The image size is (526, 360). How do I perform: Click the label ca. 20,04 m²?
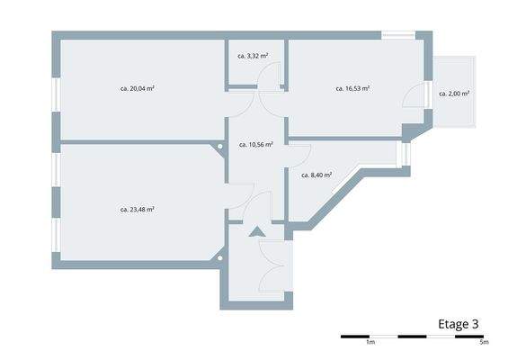coord(138,89)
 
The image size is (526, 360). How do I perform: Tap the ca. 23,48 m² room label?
coord(138,209)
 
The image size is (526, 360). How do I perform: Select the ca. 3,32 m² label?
coord(254,56)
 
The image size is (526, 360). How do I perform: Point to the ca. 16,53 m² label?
coord(353,89)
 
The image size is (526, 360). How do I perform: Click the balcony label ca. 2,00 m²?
coord(455,94)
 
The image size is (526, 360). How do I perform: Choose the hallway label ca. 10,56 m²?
coord(256,144)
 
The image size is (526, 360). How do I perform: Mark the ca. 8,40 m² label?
coord(316,175)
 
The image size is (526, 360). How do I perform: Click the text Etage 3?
coord(458,324)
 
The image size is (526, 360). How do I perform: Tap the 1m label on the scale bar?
coord(370,343)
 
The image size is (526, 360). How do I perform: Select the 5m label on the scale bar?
coord(484,343)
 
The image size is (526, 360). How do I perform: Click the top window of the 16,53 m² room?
coord(397,36)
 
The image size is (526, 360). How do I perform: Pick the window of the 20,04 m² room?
coord(56,94)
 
